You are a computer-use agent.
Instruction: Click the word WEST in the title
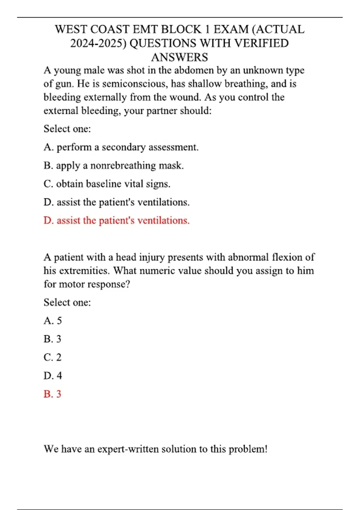[x=71, y=29]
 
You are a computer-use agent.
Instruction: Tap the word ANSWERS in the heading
[x=179, y=57]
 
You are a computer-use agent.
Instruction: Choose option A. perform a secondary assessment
[x=121, y=147]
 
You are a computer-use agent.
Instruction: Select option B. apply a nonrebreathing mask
[x=113, y=165]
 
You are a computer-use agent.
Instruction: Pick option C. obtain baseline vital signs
[x=107, y=184]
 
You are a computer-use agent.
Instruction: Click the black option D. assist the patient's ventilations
[x=116, y=202]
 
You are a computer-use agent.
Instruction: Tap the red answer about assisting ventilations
[x=116, y=220]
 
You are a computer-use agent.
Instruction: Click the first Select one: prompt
[x=67, y=129]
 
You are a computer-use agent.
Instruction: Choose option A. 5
[x=52, y=321]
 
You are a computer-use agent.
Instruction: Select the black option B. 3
[x=52, y=339]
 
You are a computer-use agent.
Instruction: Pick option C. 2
[x=52, y=357]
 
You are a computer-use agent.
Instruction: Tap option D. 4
[x=52, y=376]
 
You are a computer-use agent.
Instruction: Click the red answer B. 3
[x=52, y=394]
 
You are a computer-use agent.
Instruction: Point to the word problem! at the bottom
[x=248, y=449]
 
